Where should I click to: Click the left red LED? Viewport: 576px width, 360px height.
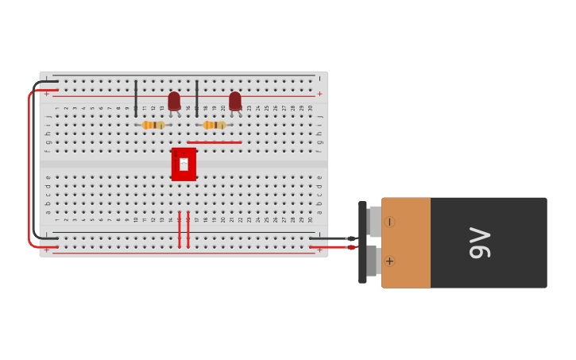point(174,101)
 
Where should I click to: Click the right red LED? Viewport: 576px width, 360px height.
point(235,101)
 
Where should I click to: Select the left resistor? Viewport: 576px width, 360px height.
point(153,125)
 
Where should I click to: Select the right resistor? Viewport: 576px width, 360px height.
point(214,125)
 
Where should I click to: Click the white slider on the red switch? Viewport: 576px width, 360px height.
point(184,164)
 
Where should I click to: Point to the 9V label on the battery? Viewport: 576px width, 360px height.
point(481,242)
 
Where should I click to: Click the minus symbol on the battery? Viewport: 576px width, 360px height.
point(389,222)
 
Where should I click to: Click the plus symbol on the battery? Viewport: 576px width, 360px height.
point(389,261)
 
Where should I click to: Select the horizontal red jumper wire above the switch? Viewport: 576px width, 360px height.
point(215,142)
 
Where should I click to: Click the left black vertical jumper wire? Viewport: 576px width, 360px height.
point(136,98)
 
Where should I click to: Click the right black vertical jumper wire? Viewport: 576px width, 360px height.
point(197,98)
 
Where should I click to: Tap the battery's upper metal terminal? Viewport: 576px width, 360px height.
point(374,222)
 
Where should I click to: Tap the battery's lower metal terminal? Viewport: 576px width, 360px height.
point(371,261)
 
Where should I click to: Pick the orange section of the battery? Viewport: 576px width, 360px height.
point(406,242)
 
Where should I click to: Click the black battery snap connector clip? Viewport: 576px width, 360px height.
point(362,242)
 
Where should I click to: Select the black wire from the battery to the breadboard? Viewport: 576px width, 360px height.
point(330,238)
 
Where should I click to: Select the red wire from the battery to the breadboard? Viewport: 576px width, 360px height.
point(330,247)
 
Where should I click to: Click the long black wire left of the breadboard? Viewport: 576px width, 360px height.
point(33,159)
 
